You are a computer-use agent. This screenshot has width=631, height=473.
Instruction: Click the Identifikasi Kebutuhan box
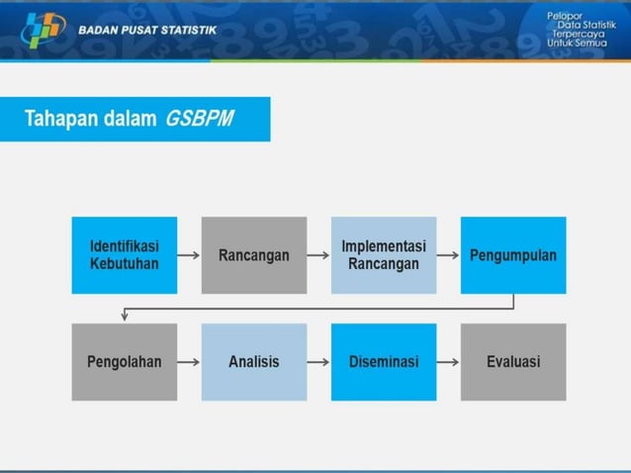[x=125, y=255]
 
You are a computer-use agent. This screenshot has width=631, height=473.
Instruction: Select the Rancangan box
[x=254, y=255]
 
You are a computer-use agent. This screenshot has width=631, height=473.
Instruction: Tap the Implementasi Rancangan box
[x=384, y=255]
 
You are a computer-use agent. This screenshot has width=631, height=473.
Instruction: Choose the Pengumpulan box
[x=513, y=255]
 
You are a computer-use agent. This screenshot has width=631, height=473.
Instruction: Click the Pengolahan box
[x=125, y=362]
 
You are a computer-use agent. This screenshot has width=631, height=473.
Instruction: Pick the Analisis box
[x=254, y=362]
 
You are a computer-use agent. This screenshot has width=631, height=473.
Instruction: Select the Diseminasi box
[x=384, y=362]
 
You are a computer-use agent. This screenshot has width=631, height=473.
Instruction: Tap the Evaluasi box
[x=513, y=362]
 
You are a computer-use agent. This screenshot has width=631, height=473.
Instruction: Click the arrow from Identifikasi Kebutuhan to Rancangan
[x=190, y=255]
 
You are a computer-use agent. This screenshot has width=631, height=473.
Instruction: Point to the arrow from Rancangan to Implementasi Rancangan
[x=318, y=255]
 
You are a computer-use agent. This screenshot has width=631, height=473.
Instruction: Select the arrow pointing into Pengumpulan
[x=448, y=255]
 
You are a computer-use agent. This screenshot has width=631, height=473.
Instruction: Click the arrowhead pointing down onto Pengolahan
[x=125, y=317]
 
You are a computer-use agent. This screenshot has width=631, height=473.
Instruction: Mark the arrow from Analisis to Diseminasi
[x=318, y=362]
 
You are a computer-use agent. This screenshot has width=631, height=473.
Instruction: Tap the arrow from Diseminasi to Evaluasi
[x=448, y=362]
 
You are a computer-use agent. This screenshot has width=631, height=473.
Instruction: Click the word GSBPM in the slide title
[x=201, y=120]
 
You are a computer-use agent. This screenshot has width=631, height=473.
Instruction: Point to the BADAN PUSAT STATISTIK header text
[x=147, y=31]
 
